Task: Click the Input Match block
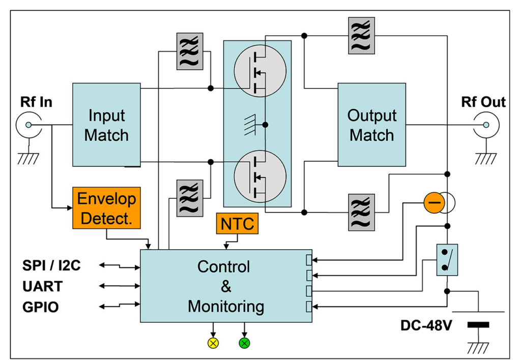(x=106, y=125)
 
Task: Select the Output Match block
(x=371, y=125)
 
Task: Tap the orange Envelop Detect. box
(x=106, y=207)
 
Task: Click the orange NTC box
(x=237, y=224)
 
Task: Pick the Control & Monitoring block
(x=225, y=286)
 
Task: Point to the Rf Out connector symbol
(x=484, y=125)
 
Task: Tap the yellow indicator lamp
(x=213, y=343)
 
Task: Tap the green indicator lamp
(x=244, y=343)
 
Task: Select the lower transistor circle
(x=257, y=176)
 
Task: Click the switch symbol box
(x=447, y=260)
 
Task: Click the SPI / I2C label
(x=51, y=266)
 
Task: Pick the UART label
(x=42, y=286)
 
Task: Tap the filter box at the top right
(x=362, y=36)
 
